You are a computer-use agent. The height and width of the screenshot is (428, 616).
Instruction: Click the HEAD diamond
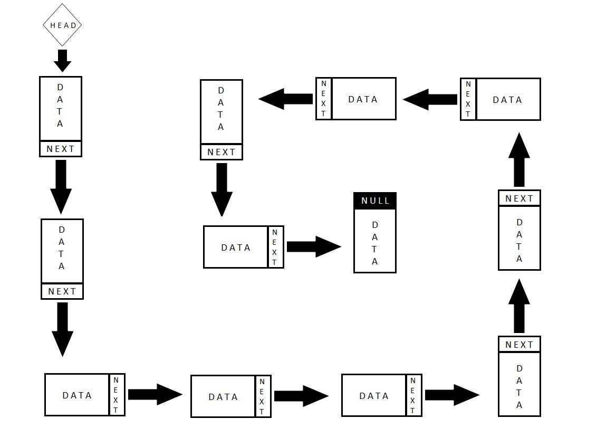(x=62, y=25)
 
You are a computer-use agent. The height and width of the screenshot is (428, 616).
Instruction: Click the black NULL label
(x=375, y=201)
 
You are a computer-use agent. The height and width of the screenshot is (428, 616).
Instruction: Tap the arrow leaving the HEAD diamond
(x=62, y=60)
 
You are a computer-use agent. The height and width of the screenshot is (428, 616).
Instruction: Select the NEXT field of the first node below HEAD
(x=61, y=149)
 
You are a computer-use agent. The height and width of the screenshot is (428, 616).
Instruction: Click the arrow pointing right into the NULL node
(x=314, y=246)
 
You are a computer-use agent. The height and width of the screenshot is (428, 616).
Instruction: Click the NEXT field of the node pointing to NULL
(x=275, y=247)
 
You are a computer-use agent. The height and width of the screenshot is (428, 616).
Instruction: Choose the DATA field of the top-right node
(x=508, y=99)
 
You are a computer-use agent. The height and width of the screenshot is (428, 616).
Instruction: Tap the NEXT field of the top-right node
(x=468, y=99)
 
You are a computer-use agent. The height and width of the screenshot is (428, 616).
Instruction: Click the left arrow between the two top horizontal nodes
(x=430, y=99)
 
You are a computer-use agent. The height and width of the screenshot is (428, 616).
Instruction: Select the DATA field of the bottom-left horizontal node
(x=77, y=395)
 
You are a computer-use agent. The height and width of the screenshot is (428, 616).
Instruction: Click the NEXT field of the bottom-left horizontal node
(x=117, y=395)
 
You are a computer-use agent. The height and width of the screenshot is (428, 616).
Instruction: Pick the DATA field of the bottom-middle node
(x=223, y=396)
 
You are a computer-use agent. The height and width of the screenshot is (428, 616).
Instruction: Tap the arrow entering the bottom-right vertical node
(x=451, y=395)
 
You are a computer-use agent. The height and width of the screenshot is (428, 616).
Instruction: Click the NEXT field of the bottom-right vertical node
(x=519, y=345)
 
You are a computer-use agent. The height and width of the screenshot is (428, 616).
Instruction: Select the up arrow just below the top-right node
(x=519, y=160)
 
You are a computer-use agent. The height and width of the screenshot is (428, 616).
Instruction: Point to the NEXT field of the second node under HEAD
(x=62, y=291)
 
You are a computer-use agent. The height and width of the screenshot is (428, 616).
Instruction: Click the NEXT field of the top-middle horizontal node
(x=324, y=99)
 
